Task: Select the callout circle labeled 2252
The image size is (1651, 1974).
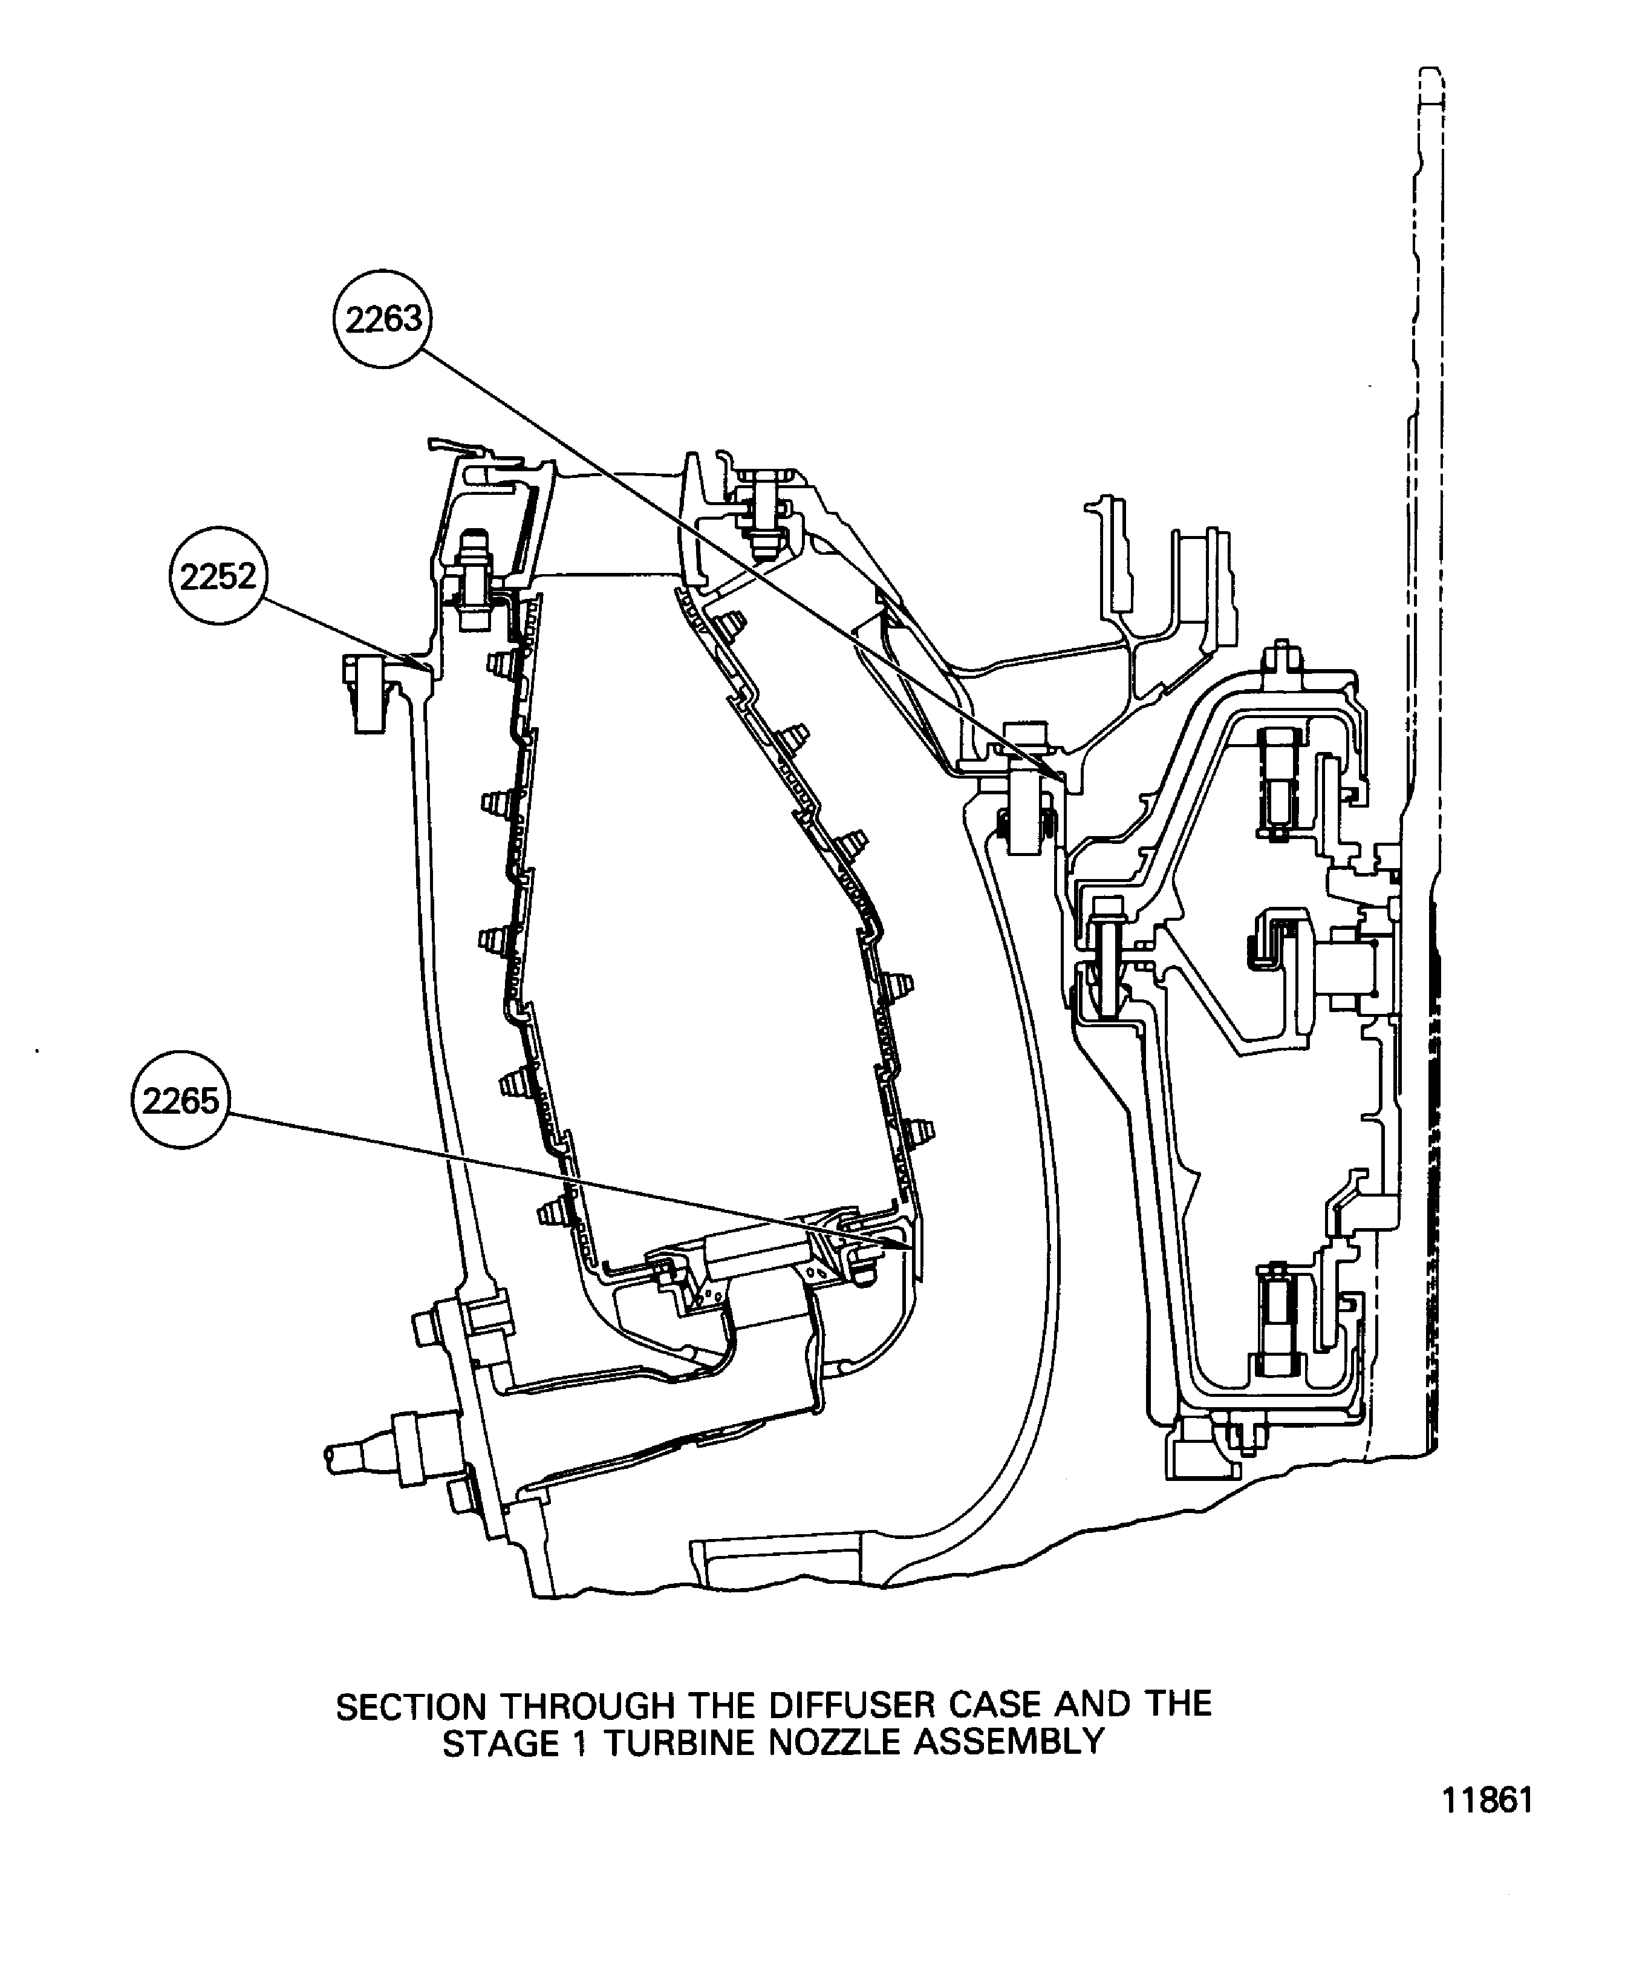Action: coord(218,576)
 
